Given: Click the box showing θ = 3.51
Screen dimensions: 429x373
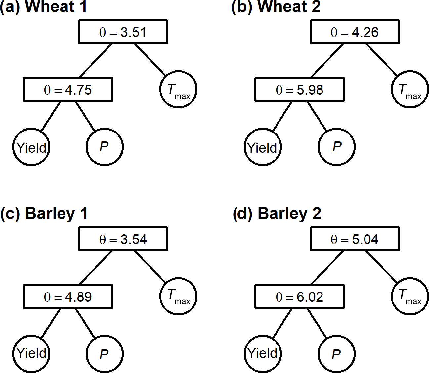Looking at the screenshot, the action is click(123, 32).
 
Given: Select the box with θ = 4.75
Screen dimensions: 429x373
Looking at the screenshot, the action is click(68, 89).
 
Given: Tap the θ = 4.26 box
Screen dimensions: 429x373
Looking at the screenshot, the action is click(355, 32).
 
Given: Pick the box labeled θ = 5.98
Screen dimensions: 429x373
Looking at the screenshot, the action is click(300, 89).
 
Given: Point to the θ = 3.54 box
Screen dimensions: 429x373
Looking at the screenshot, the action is click(123, 239).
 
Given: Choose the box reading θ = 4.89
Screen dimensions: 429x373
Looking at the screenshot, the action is click(68, 296).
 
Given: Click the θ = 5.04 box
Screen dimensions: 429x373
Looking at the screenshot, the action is click(355, 239).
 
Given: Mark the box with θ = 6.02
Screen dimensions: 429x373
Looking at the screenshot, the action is click(300, 296).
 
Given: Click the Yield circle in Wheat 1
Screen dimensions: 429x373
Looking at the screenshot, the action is click(31, 147).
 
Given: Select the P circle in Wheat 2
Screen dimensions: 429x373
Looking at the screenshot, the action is click(336, 147).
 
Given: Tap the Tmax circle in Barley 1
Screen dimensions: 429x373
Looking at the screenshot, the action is click(178, 296).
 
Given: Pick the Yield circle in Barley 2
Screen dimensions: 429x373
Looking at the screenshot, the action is click(263, 354).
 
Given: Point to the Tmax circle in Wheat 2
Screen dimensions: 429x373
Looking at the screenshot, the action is click(410, 89).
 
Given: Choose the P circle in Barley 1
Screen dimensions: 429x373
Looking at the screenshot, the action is click(105, 354).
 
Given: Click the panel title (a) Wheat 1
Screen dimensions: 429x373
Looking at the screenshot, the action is click(44, 7).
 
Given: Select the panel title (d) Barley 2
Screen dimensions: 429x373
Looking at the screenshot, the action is click(277, 214).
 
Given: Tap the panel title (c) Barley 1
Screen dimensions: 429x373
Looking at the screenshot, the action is click(44, 214).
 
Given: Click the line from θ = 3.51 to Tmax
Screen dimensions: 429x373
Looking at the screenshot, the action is click(150, 59).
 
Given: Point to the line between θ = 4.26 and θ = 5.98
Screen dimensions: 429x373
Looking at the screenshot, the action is click(327, 60).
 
